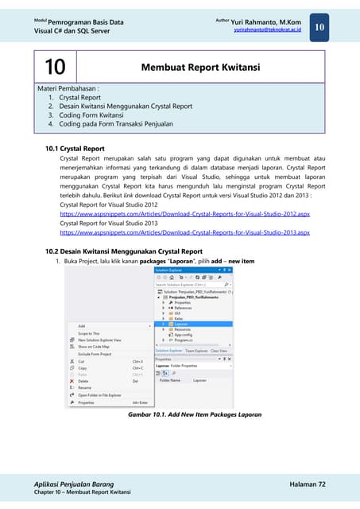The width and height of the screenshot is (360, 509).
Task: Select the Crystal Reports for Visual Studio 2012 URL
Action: click(x=184, y=214)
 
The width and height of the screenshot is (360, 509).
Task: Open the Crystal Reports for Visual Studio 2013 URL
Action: click(x=184, y=232)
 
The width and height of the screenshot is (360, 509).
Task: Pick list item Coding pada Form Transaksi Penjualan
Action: click(x=116, y=124)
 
